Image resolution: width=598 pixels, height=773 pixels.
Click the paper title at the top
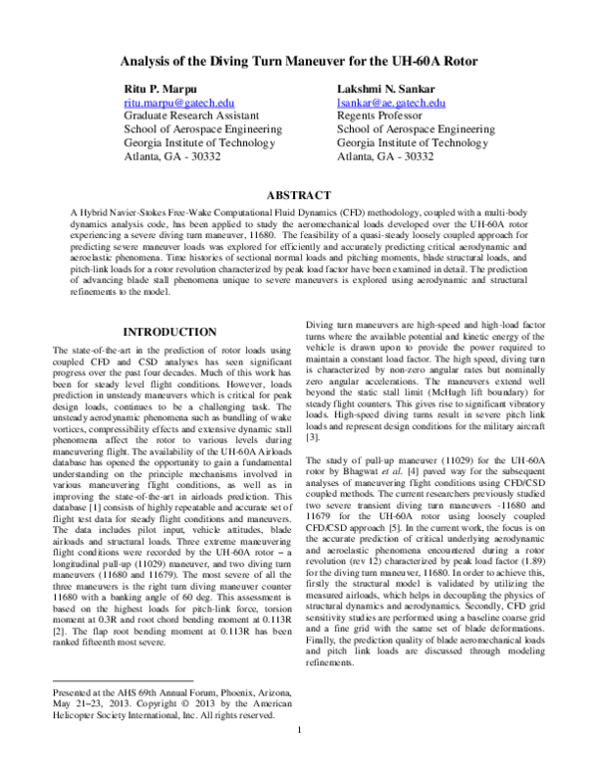pos(299,61)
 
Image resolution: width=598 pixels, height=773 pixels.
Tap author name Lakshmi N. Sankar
pos(379,90)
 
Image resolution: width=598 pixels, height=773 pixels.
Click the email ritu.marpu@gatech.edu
pos(178,103)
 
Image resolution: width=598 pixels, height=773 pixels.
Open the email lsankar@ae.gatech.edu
pos(392,103)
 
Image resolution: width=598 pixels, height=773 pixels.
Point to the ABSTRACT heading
pos(299,196)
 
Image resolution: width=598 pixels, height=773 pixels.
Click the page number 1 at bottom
pos(300,758)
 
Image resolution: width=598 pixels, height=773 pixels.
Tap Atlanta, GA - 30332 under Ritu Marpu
pos(172,156)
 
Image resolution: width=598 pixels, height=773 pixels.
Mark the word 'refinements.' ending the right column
pos(332,661)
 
